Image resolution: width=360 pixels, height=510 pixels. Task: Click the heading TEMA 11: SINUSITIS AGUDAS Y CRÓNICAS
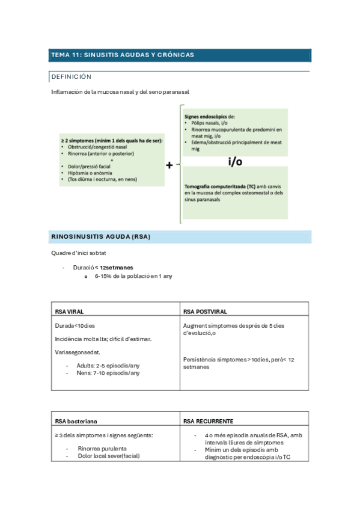point(122,55)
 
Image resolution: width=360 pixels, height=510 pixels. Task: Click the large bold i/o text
point(235,161)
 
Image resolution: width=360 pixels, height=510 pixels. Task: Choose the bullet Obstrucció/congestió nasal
point(97,147)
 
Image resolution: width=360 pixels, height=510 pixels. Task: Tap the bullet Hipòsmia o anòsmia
point(93,173)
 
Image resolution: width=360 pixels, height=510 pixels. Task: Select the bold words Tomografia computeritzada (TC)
point(219,187)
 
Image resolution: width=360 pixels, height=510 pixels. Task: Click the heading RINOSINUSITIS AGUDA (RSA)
point(100,237)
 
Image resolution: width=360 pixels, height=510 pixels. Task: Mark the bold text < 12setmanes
point(114,267)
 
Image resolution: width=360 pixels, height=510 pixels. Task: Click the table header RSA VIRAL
point(69,312)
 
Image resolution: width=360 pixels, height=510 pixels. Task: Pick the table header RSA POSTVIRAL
point(205,312)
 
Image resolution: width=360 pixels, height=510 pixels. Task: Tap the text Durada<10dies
point(75,326)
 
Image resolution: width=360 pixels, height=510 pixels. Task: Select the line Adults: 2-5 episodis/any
point(106,364)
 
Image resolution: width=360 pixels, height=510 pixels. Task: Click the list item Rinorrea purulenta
point(102,448)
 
